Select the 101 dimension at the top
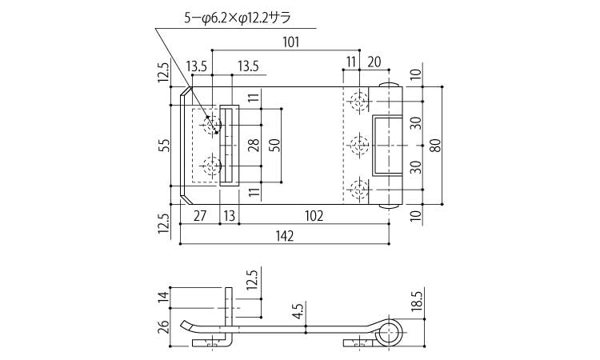pos(291,42)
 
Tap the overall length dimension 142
pos(284,236)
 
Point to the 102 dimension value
pos(314,216)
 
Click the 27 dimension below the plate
pos(200,216)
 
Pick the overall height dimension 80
pos(436,146)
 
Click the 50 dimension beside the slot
pos(274,146)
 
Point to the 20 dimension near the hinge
pos(374,62)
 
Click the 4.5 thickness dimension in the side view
pos(299,311)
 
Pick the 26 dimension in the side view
pos(164,328)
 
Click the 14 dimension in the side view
pos(164,298)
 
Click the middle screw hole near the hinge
pos(359,146)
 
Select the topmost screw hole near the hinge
pos(359,102)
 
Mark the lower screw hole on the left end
pos(211,166)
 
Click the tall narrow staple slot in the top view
pos(230,146)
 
